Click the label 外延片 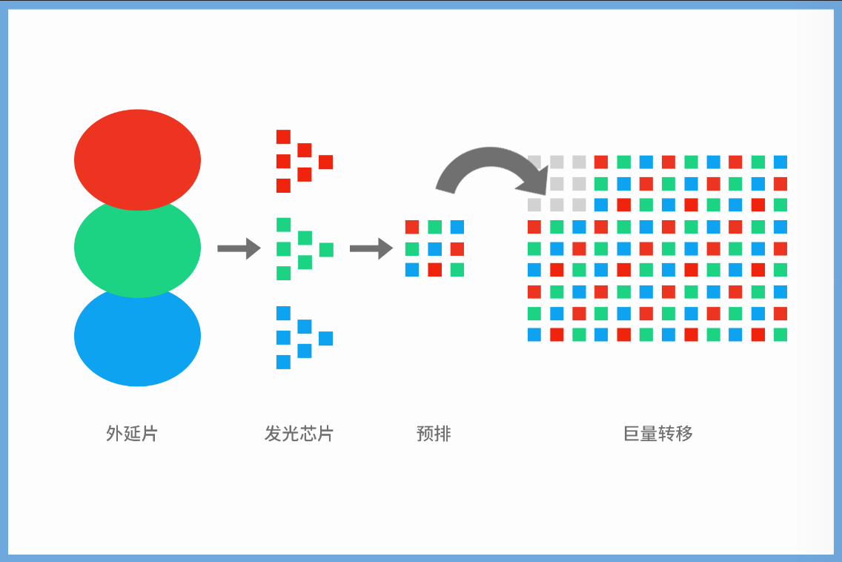132,433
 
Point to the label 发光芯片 299,433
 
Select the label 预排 434,433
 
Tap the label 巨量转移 658,433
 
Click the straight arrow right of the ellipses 239,248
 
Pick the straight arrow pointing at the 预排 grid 371,248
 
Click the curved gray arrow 490,156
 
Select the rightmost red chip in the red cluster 325,162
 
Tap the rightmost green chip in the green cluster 326,250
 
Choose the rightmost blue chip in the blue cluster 325,339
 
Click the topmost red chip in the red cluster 284,136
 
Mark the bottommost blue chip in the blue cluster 284,362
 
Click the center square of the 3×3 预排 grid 434,249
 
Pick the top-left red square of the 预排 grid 412,227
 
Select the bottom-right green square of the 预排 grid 457,270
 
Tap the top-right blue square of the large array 780,162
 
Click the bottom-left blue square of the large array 534,334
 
